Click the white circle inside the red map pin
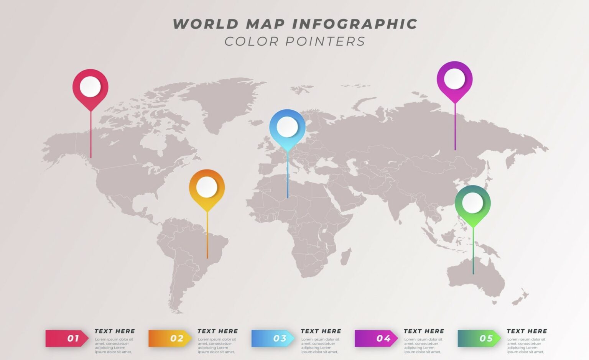[x=90, y=87]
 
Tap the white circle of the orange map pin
[x=207, y=187]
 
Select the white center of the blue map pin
[x=287, y=127]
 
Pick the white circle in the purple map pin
[x=454, y=79]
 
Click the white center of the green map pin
[x=472, y=203]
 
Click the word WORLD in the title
[x=206, y=24]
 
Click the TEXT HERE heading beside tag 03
[x=321, y=331]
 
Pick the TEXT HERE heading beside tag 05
[x=526, y=331]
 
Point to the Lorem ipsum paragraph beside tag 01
[x=114, y=345]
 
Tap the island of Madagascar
[x=346, y=256]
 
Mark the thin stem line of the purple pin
[x=455, y=127]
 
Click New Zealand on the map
[x=520, y=297]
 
